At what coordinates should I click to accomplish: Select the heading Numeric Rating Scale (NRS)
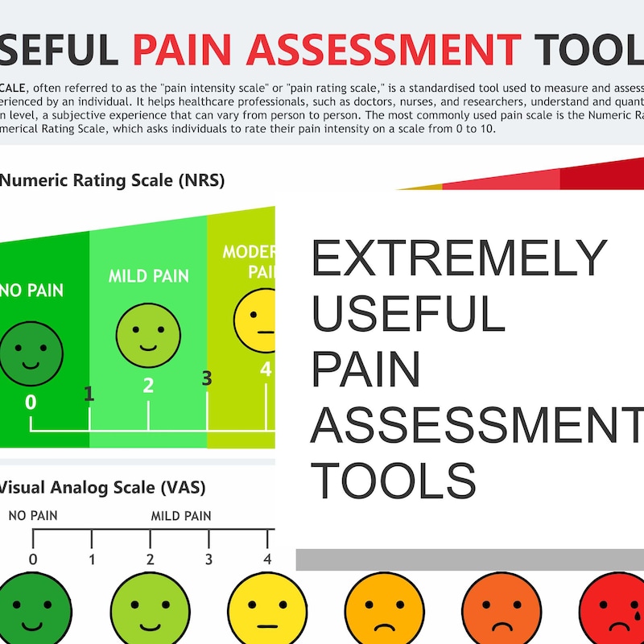(x=112, y=180)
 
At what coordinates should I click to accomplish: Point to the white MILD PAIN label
(x=149, y=277)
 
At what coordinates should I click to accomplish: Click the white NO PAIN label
(x=32, y=290)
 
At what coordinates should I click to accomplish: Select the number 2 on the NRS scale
(x=148, y=385)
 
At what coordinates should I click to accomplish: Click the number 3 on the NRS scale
(x=207, y=378)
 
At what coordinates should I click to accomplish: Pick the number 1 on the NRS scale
(x=89, y=394)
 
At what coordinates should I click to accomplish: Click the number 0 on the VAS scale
(x=33, y=559)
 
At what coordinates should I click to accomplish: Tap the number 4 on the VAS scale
(x=267, y=559)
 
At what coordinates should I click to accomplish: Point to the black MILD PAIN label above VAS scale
(x=181, y=516)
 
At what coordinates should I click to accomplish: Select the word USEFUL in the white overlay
(x=408, y=315)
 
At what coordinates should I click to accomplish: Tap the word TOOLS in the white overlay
(x=394, y=481)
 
